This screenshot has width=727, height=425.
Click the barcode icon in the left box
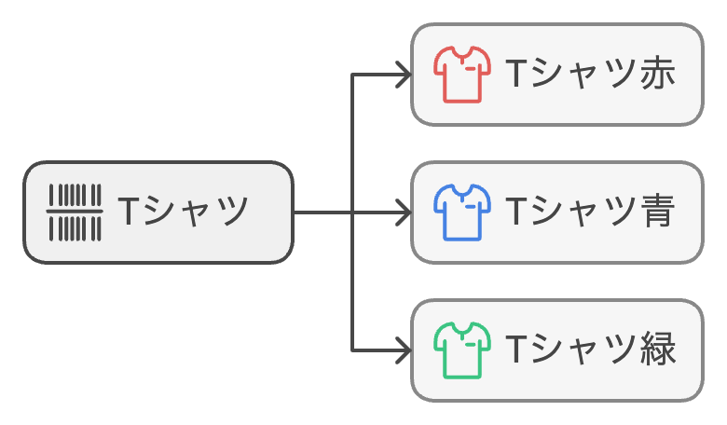tap(75, 212)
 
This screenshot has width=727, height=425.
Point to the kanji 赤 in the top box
tap(658, 75)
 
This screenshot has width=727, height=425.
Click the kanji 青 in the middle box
tap(658, 212)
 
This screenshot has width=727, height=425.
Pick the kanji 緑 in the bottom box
tap(658, 350)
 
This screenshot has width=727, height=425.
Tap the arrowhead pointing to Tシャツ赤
tap(404, 75)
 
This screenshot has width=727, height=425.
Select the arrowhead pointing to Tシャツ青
tap(404, 212)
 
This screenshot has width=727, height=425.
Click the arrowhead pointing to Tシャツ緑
tap(404, 350)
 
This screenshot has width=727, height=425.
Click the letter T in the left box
tap(128, 212)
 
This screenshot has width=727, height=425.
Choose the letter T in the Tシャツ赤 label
tap(514, 75)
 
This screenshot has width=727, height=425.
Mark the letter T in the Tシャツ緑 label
tap(514, 350)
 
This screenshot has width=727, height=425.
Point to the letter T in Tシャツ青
tap(514, 212)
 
